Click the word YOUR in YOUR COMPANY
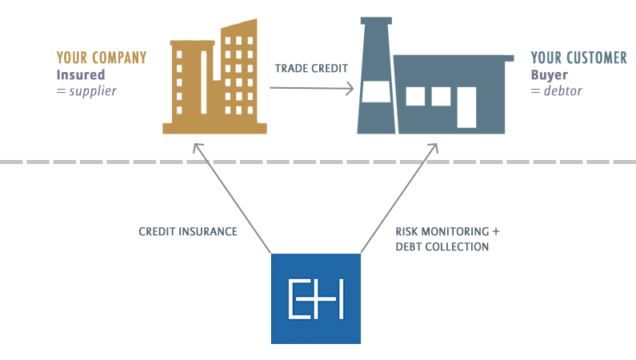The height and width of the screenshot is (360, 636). click(70, 58)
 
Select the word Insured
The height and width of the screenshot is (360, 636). click(81, 75)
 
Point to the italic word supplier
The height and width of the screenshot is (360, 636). click(93, 91)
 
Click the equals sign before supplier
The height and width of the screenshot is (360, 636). click(60, 91)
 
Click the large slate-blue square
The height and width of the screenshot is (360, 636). click(434, 75)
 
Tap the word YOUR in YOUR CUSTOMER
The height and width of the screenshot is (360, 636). click(546, 58)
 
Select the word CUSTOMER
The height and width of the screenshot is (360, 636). click(596, 58)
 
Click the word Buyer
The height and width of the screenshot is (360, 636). click(549, 75)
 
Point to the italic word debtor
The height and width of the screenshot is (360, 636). click(563, 91)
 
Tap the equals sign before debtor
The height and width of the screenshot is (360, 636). click(534, 91)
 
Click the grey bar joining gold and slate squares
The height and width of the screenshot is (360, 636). click(313, 89)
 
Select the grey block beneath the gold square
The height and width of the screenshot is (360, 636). click(232, 198)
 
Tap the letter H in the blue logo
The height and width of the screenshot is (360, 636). click(331, 300)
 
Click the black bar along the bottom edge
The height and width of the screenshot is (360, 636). click(318, 352)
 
